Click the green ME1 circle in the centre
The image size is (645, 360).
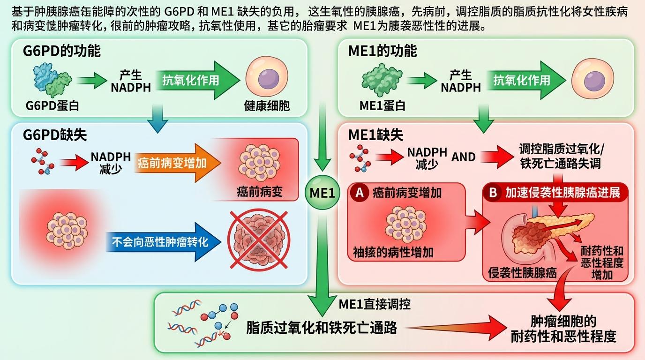pos(322,192)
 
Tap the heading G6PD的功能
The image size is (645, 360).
pos(62,51)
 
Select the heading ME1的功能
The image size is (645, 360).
pos(382,51)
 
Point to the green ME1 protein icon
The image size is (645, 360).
pos(381,81)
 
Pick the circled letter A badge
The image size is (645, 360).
pos(360,192)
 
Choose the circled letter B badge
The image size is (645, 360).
pos(493,192)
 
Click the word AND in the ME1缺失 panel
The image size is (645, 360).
pos(463,157)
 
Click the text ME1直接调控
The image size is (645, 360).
pos(375,305)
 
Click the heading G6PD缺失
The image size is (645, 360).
pos(55,135)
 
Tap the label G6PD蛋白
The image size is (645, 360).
pos(52,105)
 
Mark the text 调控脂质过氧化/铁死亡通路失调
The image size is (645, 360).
pos(562,156)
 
